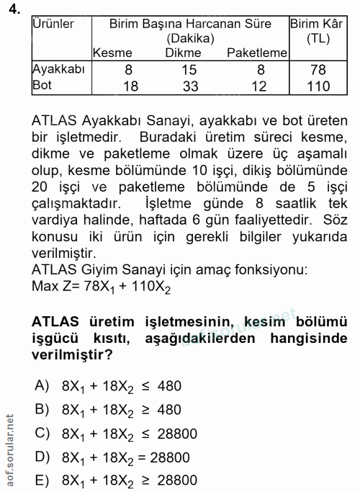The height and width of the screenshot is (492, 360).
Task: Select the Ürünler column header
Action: click(53, 24)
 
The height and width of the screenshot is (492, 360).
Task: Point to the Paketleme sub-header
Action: click(257, 53)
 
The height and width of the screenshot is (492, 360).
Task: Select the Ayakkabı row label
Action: click(60, 69)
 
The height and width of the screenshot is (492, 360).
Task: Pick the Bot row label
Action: click(43, 86)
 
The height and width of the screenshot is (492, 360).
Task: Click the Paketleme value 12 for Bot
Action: click(261, 86)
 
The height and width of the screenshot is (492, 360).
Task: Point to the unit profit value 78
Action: click(318, 70)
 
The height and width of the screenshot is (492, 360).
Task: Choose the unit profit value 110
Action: click(318, 86)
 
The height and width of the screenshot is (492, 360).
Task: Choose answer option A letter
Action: click(42, 385)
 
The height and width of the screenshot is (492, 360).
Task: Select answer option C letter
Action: click(42, 433)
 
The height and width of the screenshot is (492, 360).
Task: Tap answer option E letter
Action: click(42, 480)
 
